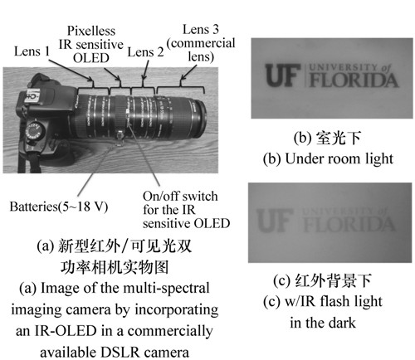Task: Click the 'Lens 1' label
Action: (32, 51)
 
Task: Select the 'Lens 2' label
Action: (145, 52)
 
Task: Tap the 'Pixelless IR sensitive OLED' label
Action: (91, 45)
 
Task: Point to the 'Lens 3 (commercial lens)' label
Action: (201, 43)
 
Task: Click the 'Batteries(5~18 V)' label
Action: (59, 207)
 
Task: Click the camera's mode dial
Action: (35, 130)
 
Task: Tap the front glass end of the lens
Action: (202, 119)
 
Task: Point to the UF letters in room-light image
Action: (283, 75)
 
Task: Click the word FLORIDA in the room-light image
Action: (354, 80)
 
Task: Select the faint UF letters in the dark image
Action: (275, 221)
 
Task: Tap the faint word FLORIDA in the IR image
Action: (349, 224)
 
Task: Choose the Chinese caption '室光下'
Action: (339, 138)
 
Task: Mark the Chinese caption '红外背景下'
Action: (333, 280)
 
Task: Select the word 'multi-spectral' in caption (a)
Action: (166, 288)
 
